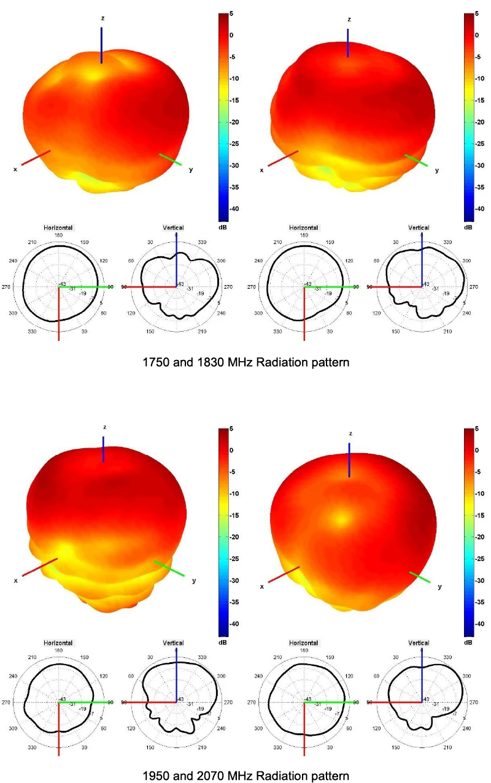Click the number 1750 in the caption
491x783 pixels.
pos(154,362)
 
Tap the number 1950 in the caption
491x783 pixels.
pos(154,776)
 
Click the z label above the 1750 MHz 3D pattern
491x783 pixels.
pos(102,18)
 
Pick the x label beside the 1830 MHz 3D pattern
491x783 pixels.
pos(261,170)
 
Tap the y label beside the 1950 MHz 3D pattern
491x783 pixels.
pos(193,581)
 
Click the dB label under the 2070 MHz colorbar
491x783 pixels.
pos(468,642)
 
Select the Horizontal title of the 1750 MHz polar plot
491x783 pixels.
pos(58,227)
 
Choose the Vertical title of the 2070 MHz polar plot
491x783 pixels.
pos(419,643)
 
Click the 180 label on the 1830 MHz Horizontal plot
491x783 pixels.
pos(303,235)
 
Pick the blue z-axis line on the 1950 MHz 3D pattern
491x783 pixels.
pos(103,449)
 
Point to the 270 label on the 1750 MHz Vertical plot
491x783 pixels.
pos(225,286)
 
